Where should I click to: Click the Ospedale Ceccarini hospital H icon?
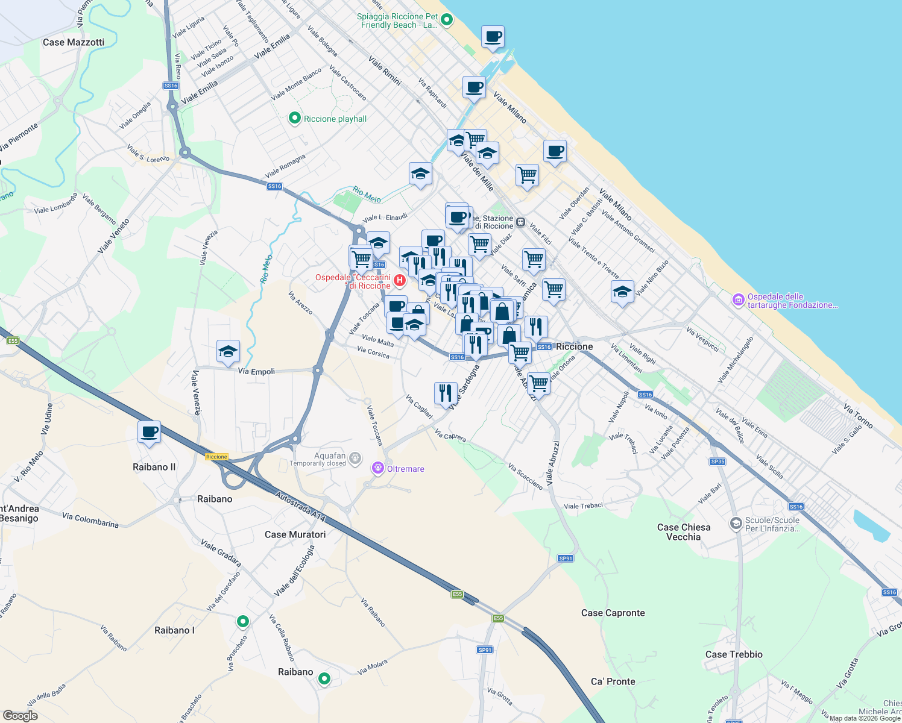click(399, 281)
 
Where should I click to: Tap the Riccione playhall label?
click(335, 119)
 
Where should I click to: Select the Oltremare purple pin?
click(378, 468)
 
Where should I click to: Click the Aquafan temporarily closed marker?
click(356, 459)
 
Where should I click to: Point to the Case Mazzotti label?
click(74, 42)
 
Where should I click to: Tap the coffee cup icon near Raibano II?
click(149, 432)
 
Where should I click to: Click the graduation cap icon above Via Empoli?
click(228, 352)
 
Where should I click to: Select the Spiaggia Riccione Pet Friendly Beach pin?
click(447, 20)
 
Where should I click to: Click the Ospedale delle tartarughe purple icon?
click(739, 300)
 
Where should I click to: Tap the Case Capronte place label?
click(613, 613)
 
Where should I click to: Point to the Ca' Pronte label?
click(613, 681)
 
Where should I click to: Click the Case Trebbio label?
click(734, 654)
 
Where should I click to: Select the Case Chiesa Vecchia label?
click(683, 532)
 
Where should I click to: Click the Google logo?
click(20, 715)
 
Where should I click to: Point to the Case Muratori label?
click(295, 534)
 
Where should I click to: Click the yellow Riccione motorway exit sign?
click(216, 457)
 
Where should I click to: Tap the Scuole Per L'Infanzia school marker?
click(736, 524)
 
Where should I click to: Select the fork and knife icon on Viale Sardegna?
click(445, 393)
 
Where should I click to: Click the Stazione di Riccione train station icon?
click(520, 222)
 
